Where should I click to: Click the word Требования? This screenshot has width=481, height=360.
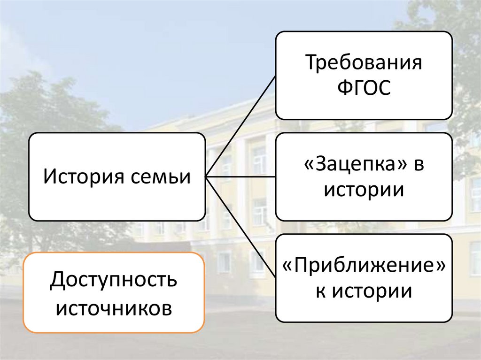coord(364,63)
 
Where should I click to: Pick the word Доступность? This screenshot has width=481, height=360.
coord(114,280)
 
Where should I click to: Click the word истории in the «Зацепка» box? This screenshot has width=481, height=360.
coord(364,190)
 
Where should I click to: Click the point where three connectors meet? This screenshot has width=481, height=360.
coord(206,177)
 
